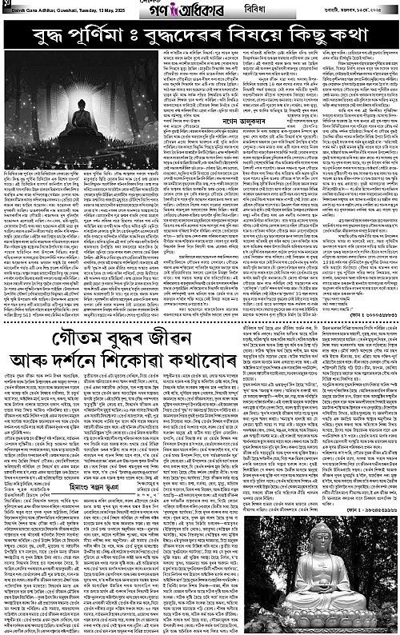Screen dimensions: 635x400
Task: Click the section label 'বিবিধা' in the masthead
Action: (x=234, y=9)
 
